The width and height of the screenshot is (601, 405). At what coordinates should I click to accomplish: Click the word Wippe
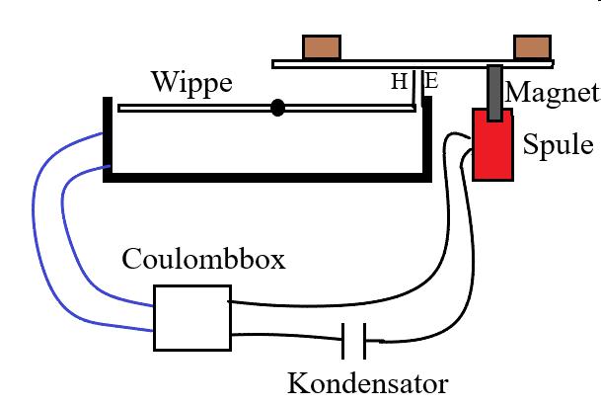[191, 82]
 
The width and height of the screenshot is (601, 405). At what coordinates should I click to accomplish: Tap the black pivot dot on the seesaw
[278, 107]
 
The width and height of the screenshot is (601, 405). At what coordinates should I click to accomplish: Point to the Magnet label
[552, 93]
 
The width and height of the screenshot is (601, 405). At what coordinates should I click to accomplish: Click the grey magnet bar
[493, 90]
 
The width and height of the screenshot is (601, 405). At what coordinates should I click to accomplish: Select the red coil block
[494, 145]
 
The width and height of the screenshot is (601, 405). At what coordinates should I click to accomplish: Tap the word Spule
[559, 145]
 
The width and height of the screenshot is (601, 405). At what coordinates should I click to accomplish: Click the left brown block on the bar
[322, 46]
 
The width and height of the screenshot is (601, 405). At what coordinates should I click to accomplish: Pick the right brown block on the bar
[532, 46]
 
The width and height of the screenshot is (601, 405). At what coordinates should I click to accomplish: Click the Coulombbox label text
[203, 260]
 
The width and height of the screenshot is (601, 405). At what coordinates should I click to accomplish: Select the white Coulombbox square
[192, 317]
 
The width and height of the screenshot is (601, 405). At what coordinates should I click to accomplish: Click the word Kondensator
[368, 382]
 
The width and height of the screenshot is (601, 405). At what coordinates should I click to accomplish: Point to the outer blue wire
[39, 237]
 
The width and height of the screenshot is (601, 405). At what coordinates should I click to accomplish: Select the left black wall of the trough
[106, 138]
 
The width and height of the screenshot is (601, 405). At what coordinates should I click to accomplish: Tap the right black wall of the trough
[427, 138]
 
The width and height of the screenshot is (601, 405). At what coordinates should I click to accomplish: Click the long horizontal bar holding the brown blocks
[395, 64]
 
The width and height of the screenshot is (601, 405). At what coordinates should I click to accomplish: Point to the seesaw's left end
[120, 107]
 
